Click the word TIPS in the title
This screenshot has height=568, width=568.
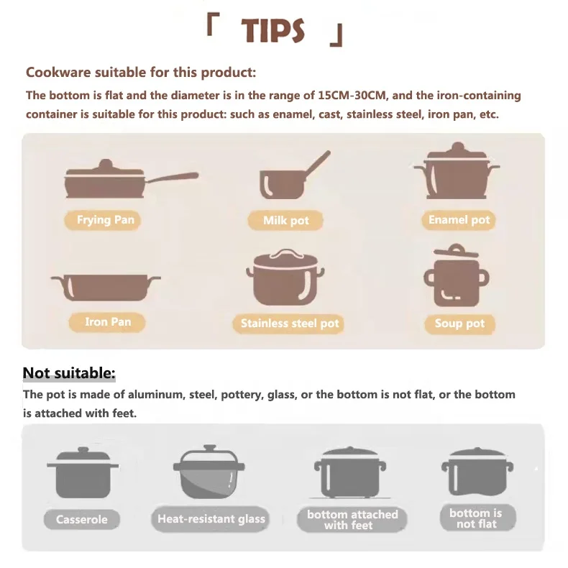pyautogui.click(x=273, y=31)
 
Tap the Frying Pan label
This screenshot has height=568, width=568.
pyautogui.click(x=106, y=220)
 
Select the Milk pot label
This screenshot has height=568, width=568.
pyautogui.click(x=285, y=221)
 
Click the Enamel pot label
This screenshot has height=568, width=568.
pyautogui.click(x=459, y=220)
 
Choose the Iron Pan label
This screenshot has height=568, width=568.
pyautogui.click(x=108, y=322)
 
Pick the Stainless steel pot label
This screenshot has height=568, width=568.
pyautogui.click(x=289, y=324)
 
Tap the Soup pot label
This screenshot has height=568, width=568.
pyautogui.click(x=459, y=324)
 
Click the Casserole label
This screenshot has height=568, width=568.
pyautogui.click(x=82, y=519)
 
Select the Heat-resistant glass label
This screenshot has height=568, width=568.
pyautogui.click(x=211, y=518)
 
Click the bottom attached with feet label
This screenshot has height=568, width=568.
pyautogui.click(x=352, y=519)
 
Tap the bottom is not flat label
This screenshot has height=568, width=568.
pyautogui.click(x=475, y=518)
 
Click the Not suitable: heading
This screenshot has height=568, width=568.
pyautogui.click(x=69, y=372)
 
